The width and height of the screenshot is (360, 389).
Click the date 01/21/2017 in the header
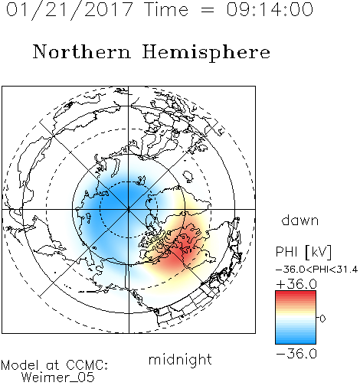(70, 10)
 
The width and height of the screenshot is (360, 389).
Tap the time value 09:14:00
(270, 9)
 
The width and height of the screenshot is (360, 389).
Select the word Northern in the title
(81, 51)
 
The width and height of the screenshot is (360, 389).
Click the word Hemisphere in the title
(206, 53)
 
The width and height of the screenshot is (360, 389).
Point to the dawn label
(300, 220)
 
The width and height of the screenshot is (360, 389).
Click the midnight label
(180, 360)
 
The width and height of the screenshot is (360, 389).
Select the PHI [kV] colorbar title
(303, 252)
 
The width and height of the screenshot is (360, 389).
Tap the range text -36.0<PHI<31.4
(316, 270)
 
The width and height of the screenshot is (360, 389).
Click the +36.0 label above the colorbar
(296, 284)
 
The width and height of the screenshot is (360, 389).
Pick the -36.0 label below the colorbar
(296, 354)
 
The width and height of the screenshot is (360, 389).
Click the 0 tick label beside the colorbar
(322, 319)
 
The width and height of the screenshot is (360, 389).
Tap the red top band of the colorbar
(296, 293)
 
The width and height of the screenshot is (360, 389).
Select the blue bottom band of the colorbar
(296, 341)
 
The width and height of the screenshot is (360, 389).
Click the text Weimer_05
(58, 378)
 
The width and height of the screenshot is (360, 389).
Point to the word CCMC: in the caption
(87, 365)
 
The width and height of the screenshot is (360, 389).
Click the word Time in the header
(166, 9)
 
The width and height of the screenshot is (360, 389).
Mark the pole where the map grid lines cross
(128, 209)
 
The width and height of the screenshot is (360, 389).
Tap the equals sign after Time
(208, 10)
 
